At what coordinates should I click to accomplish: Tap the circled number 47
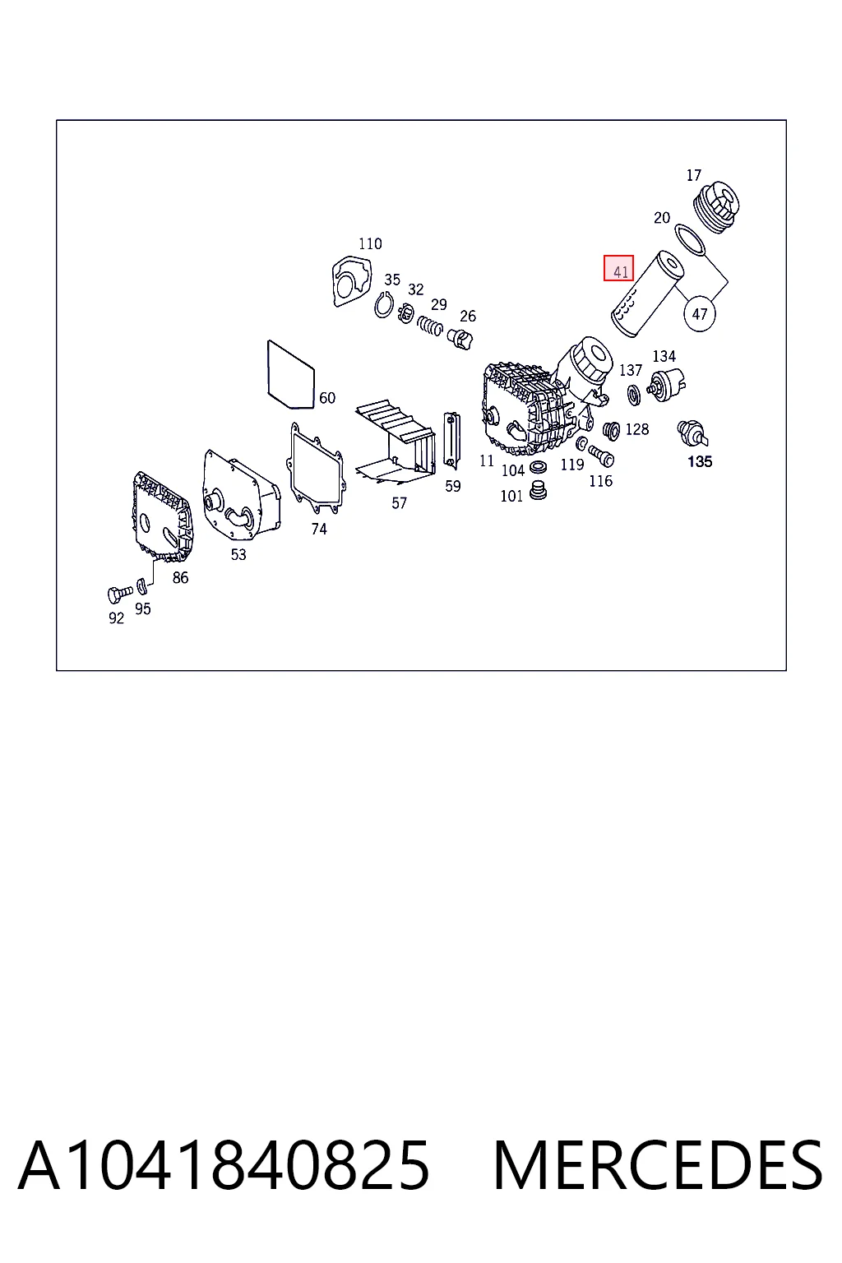699,313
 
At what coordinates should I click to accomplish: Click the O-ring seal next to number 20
690,239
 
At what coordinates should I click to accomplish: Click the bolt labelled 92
119,594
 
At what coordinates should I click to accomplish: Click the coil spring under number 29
430,326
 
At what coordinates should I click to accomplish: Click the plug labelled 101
539,490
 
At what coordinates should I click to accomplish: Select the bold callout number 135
700,461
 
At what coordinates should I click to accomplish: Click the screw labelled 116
601,456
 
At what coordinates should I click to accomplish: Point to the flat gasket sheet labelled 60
291,374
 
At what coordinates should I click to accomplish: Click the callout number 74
319,529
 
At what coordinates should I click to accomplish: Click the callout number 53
238,554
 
